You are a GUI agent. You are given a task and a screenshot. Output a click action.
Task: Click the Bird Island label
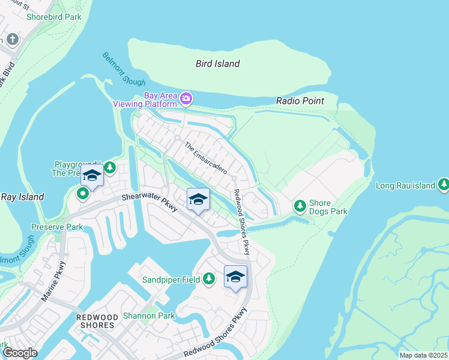point(218,64)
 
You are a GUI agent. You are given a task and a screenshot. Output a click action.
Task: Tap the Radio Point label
point(300,101)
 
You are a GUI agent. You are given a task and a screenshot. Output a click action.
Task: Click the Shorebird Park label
point(54,17)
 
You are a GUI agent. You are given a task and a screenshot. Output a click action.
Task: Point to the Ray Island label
point(22,197)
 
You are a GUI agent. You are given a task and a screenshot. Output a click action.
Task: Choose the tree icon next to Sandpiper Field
point(208,279)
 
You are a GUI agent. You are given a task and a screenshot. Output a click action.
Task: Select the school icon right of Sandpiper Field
point(236,277)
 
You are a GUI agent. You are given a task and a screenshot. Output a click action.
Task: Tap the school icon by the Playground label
point(92,175)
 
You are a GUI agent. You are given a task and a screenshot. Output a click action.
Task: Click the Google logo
point(19,353)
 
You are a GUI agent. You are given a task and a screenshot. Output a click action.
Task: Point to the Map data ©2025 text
point(423,355)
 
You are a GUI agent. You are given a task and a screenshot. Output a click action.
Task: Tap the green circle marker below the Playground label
point(82,193)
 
